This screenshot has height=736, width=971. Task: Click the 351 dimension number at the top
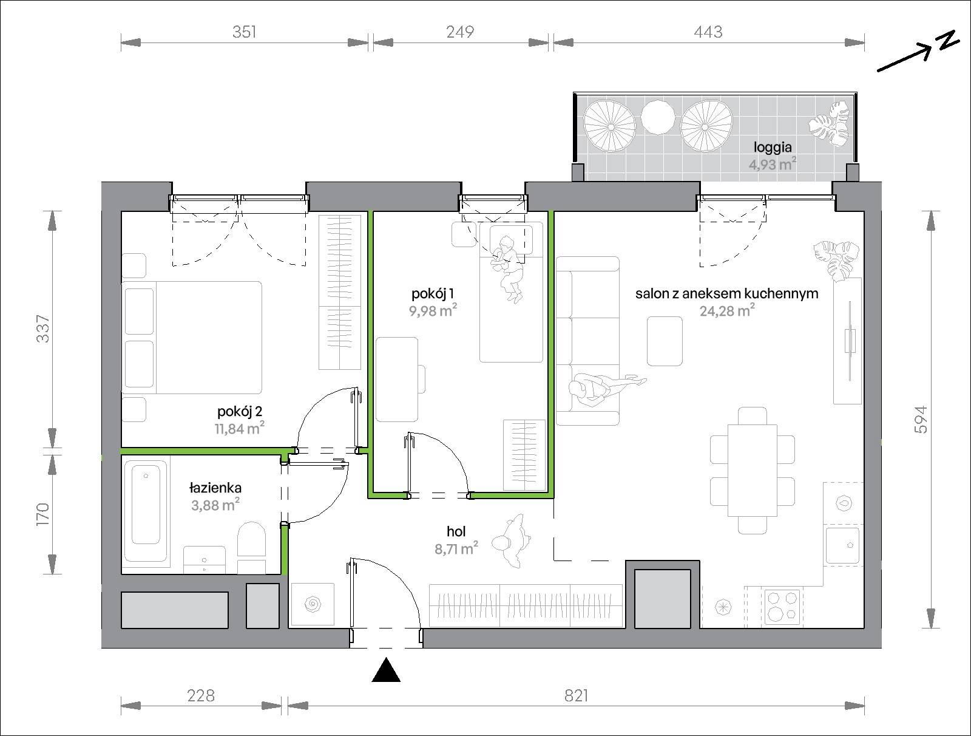(x=244, y=32)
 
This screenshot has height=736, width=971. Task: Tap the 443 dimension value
(x=708, y=32)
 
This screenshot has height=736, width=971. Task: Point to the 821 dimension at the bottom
(x=576, y=696)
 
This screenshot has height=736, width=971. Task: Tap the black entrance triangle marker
(x=386, y=670)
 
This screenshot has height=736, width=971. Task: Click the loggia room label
(x=773, y=148)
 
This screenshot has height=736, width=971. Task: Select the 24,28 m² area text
(x=727, y=311)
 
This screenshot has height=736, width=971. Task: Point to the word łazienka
(x=215, y=488)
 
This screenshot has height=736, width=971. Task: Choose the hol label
(x=456, y=531)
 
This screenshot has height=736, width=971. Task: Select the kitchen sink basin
(x=842, y=545)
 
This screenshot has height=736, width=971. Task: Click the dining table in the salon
(x=753, y=471)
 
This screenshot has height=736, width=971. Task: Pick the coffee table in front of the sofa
(x=665, y=341)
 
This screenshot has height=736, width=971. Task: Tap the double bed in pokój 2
(x=192, y=338)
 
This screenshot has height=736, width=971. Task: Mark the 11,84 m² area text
(x=240, y=428)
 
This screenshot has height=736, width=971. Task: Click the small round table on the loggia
(x=658, y=117)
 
